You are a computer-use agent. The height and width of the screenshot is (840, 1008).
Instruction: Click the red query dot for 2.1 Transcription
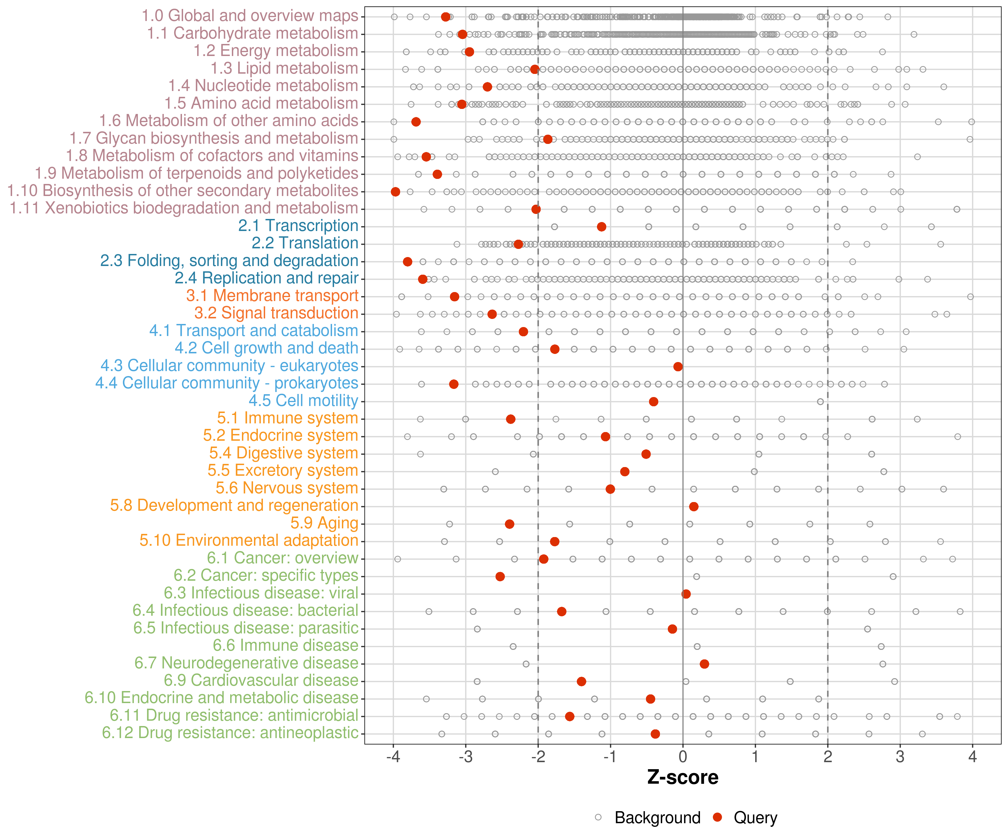(x=601, y=227)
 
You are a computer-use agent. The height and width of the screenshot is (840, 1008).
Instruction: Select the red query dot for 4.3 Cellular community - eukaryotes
(x=678, y=367)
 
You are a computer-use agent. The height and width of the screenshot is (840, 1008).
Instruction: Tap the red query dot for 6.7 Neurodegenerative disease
(x=704, y=664)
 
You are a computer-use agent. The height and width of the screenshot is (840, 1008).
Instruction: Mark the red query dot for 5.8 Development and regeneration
(x=694, y=507)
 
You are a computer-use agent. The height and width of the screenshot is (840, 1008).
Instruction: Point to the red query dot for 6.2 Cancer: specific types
(x=500, y=577)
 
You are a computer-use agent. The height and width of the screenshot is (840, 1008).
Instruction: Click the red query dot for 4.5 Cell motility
(x=653, y=401)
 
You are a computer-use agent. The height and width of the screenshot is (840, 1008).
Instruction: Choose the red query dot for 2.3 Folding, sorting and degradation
(x=407, y=262)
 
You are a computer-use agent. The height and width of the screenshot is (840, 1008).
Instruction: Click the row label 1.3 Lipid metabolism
(x=284, y=69)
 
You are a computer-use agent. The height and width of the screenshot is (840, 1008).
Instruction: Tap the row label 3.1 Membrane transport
(x=272, y=296)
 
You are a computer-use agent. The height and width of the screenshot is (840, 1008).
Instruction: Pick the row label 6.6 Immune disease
(x=286, y=646)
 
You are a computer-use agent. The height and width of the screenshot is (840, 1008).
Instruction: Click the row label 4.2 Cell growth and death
(x=266, y=348)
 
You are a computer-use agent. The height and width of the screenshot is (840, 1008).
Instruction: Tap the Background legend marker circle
(x=598, y=817)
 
